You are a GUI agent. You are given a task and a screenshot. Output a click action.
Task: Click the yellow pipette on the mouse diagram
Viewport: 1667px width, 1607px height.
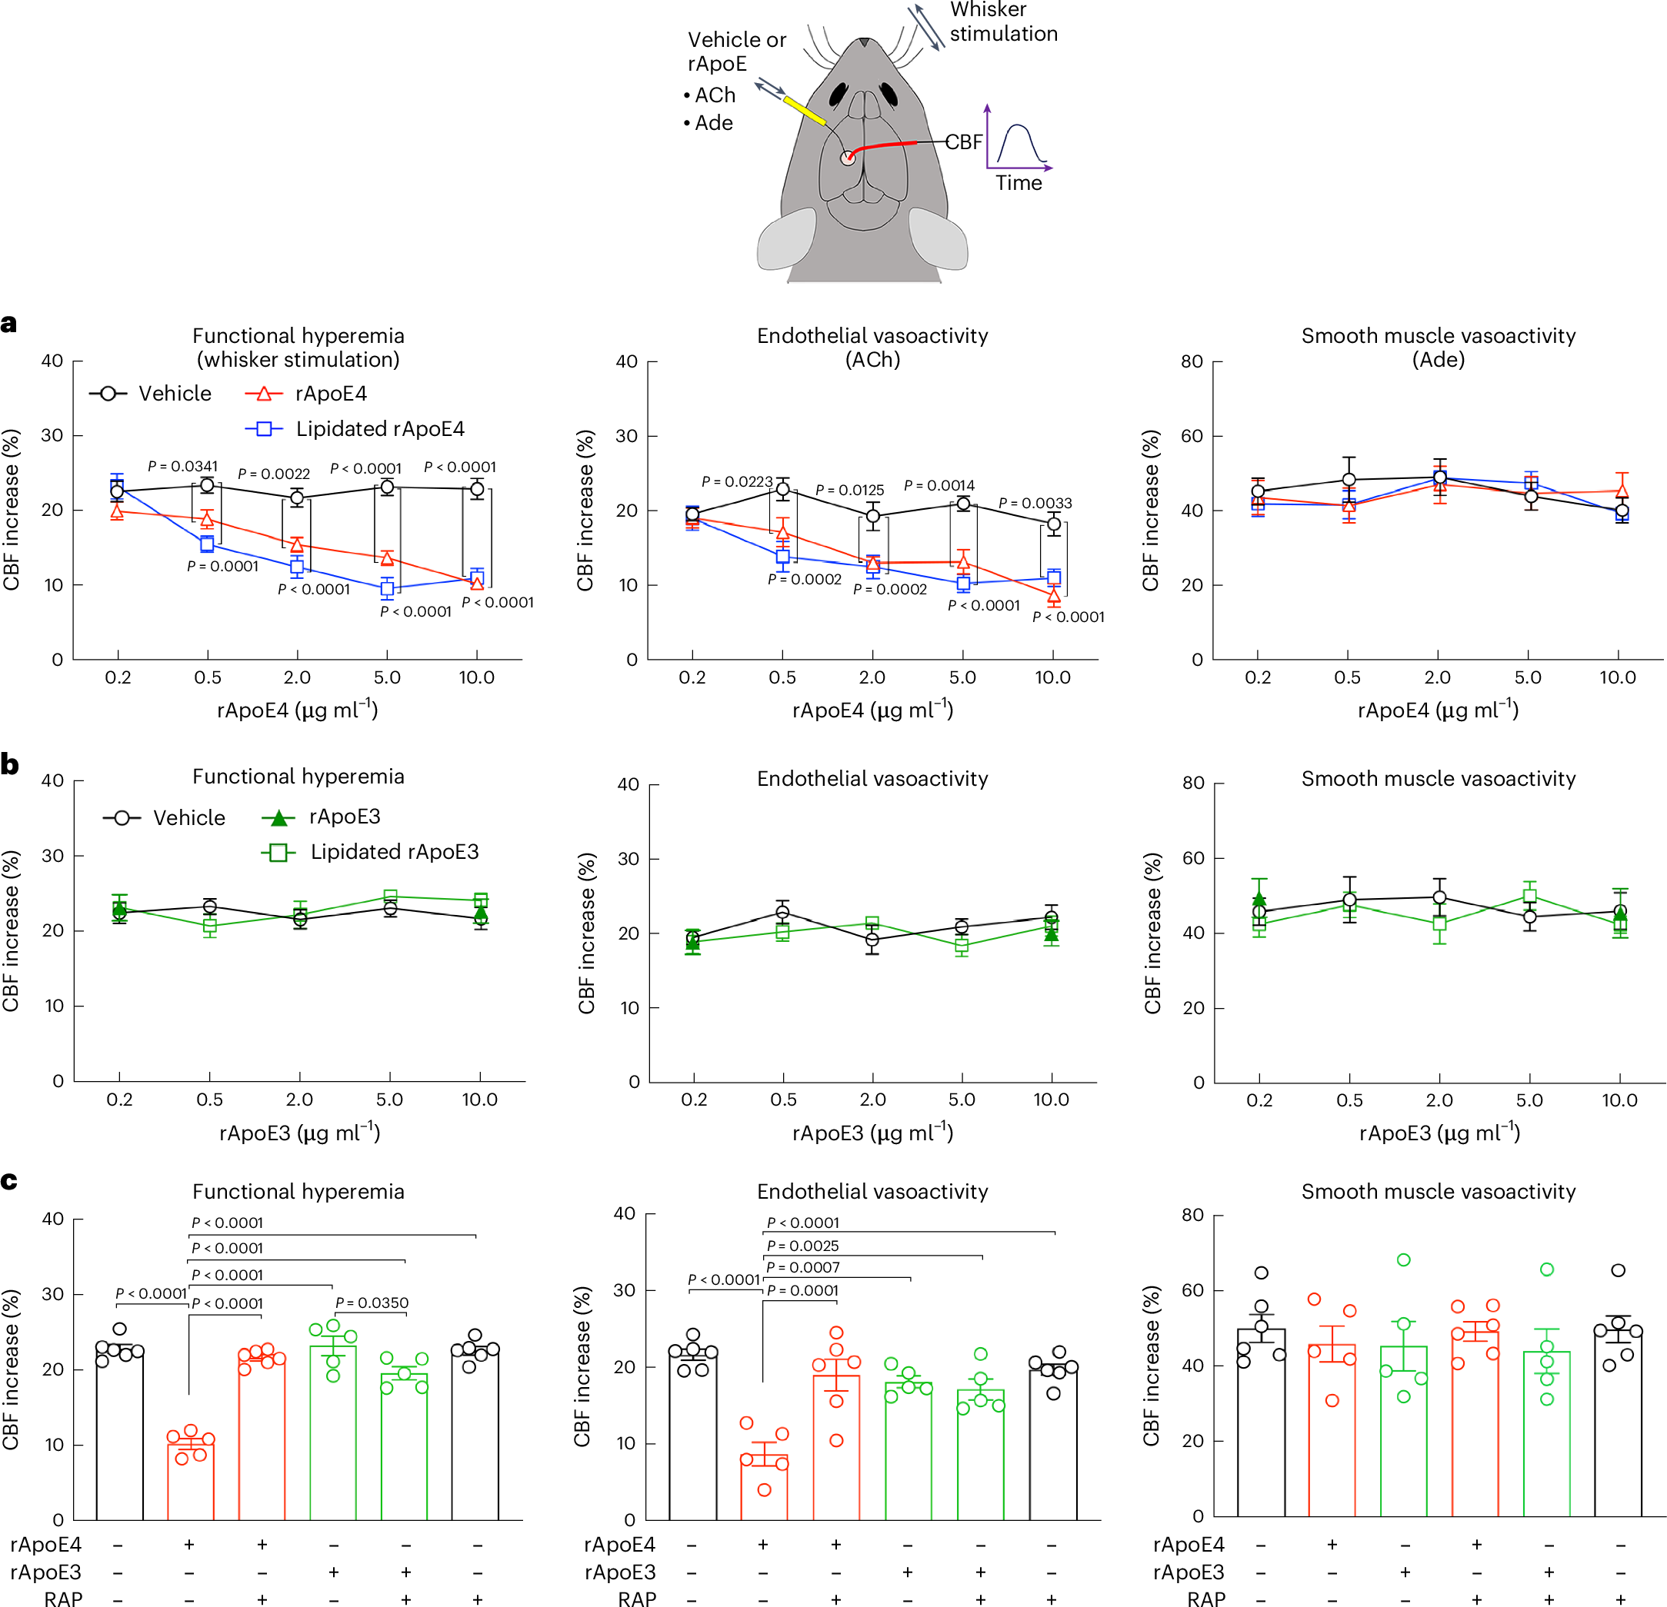pyautogui.click(x=804, y=111)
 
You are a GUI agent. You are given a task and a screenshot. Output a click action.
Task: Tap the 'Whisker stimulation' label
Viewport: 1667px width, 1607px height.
pyautogui.click(x=1003, y=22)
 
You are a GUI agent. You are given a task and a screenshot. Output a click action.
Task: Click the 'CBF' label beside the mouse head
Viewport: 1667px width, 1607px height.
pyautogui.click(x=964, y=142)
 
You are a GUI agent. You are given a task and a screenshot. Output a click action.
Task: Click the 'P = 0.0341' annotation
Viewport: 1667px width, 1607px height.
pyautogui.click(x=183, y=466)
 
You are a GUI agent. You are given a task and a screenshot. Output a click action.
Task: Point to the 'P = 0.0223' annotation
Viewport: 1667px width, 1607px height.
pyautogui.click(x=736, y=481)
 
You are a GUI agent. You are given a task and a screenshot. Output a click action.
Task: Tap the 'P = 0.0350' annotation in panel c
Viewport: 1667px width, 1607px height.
pyautogui.click(x=372, y=1303)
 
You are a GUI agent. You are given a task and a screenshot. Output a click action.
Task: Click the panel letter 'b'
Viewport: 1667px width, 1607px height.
pyautogui.click(x=10, y=764)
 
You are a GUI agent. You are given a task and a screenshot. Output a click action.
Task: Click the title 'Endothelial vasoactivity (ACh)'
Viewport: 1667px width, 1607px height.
pyautogui.click(x=872, y=347)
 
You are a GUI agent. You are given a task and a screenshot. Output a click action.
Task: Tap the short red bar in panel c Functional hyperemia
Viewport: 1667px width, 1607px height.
pyautogui.click(x=191, y=1479)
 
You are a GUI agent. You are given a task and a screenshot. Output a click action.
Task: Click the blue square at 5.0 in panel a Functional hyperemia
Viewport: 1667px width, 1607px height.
pyautogui.click(x=387, y=588)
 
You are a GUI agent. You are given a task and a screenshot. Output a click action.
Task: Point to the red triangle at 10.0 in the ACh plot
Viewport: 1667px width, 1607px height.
pyautogui.click(x=1054, y=595)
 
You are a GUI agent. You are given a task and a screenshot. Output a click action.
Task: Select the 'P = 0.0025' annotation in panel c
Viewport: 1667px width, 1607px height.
pyautogui.click(x=802, y=1246)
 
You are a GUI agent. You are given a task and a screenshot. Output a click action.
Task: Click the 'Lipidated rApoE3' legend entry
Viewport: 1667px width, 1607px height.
pyautogui.click(x=394, y=852)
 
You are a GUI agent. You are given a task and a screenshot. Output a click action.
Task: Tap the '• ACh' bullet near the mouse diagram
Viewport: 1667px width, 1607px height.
pyautogui.click(x=709, y=95)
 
